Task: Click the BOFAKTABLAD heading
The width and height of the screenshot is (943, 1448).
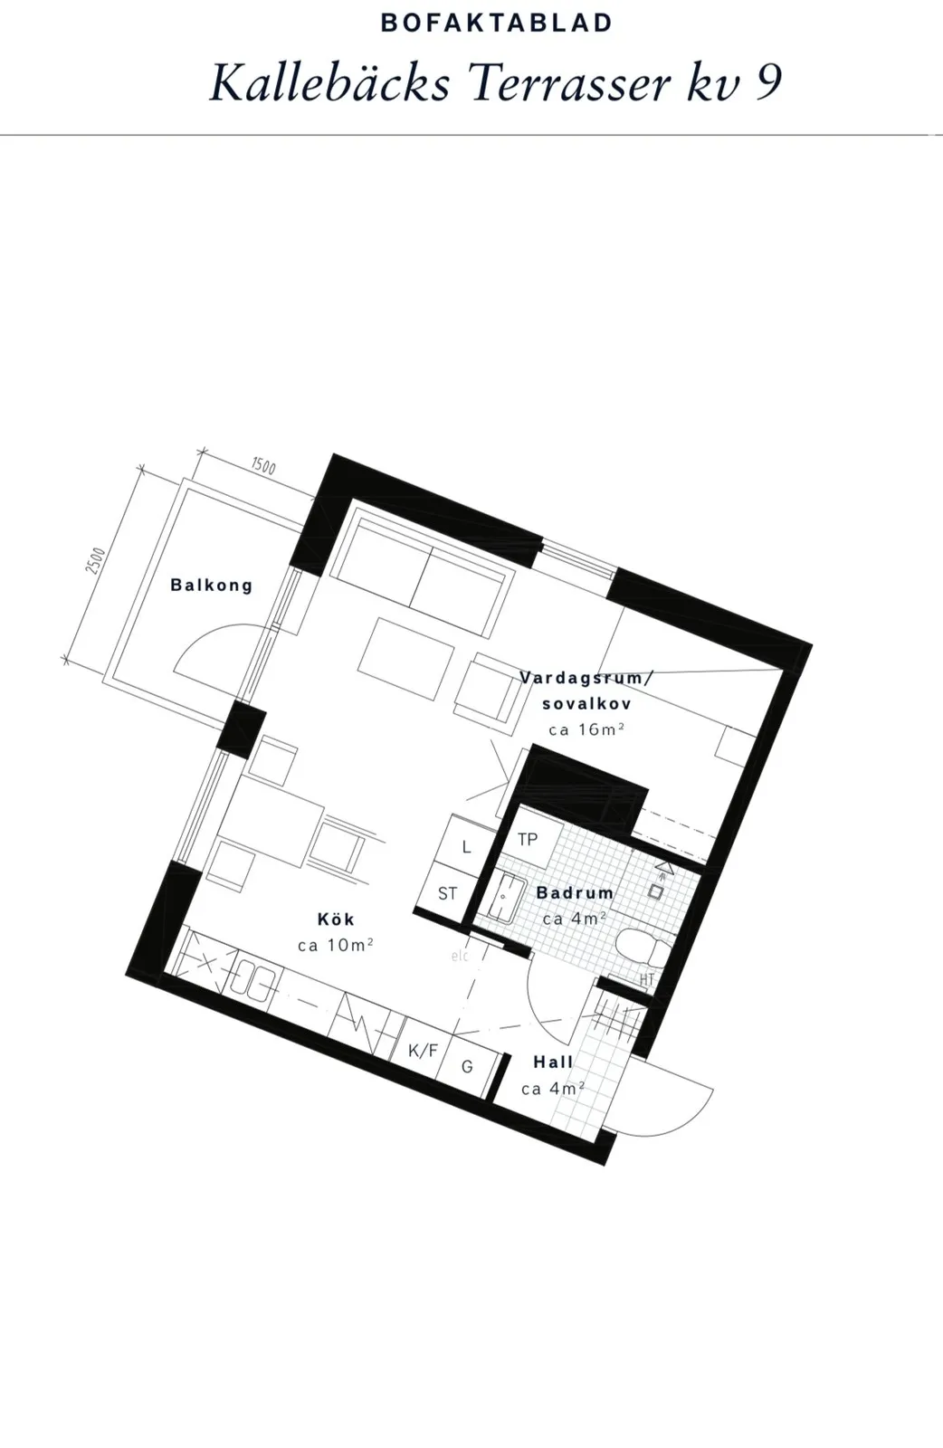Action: [496, 24]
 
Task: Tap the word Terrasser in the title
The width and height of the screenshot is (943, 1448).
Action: [569, 83]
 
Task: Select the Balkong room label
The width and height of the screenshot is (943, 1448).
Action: [212, 585]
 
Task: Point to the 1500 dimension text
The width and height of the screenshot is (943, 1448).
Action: [263, 466]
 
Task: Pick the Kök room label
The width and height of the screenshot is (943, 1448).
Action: [336, 919]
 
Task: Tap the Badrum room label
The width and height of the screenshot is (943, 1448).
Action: [576, 892]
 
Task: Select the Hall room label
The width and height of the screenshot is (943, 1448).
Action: [553, 1062]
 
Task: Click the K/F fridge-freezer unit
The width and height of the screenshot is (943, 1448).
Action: [423, 1051]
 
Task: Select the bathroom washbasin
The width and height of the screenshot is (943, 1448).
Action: [503, 897]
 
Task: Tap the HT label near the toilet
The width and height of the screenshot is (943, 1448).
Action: [647, 979]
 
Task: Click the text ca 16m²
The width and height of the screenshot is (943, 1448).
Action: [586, 729]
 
